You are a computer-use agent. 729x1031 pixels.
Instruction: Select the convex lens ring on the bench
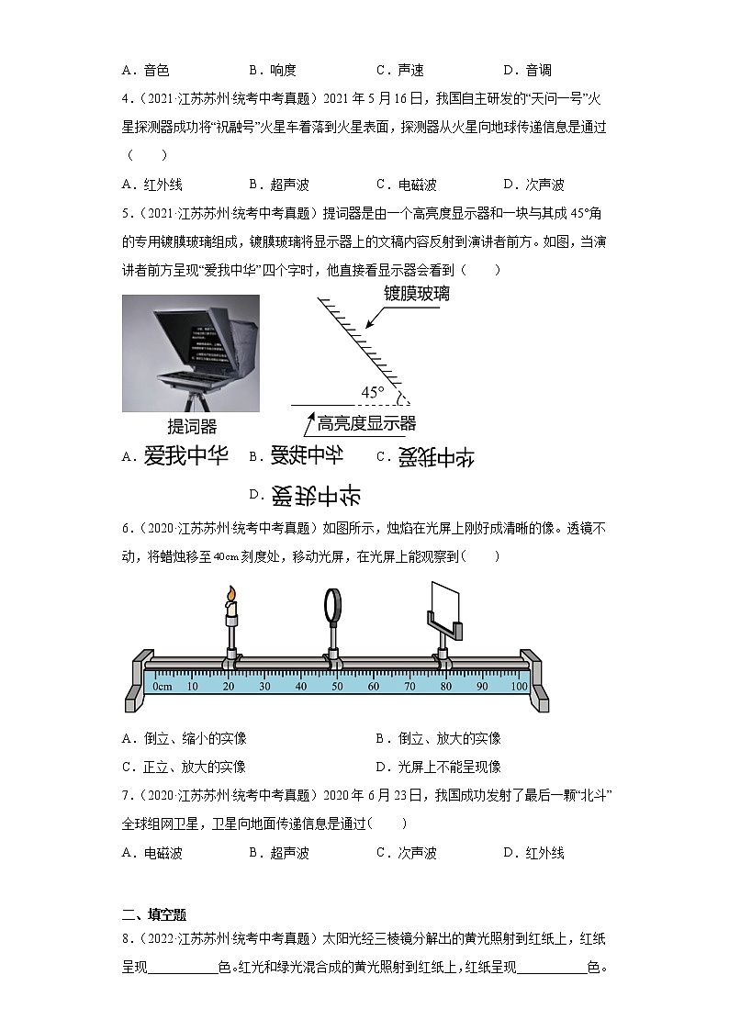(331, 606)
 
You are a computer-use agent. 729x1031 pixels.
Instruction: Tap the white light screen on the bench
(444, 602)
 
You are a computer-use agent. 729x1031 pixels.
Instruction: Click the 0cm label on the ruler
(163, 686)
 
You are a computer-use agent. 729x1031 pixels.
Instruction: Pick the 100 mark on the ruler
(518, 686)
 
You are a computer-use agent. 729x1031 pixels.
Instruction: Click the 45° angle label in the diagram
(372, 393)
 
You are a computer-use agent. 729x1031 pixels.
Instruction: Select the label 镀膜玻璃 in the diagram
(416, 294)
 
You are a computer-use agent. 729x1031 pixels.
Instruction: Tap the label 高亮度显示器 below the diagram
(366, 423)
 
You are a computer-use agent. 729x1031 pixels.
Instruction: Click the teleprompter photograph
(191, 353)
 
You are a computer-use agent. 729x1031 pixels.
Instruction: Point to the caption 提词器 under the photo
(191, 427)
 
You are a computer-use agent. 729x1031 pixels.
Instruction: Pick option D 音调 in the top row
(527, 70)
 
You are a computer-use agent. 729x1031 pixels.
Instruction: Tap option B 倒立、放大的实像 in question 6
(439, 738)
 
